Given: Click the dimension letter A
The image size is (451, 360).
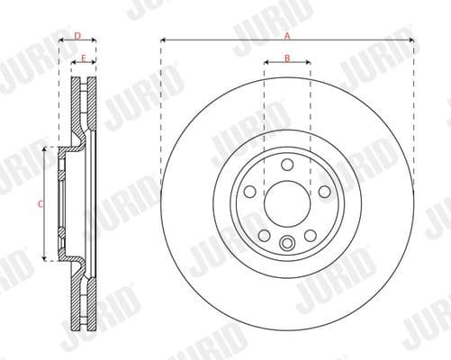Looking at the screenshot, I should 287,36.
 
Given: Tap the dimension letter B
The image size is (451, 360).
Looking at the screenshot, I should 287,59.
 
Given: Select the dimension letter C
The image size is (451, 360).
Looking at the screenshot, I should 39,204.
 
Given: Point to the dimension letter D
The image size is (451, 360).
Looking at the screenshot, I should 77,36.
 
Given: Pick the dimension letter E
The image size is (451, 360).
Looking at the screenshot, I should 84,58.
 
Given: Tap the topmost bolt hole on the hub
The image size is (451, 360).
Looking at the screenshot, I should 287,164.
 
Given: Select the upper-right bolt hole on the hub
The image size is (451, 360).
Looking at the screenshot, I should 323,190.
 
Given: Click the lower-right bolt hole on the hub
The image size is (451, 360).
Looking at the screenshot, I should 310,233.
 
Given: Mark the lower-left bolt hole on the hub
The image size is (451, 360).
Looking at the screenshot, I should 265,233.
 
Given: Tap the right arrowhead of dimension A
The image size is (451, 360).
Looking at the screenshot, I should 410,41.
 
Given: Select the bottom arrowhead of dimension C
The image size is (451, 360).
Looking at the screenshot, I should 44,258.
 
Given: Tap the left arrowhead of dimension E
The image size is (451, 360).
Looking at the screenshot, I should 74,65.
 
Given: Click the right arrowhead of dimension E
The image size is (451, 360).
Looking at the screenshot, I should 94,65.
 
